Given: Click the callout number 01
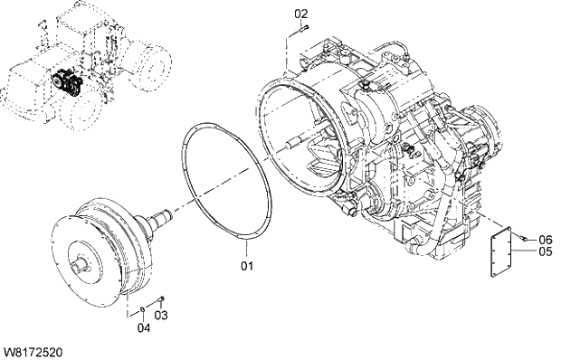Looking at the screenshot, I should [x=246, y=266].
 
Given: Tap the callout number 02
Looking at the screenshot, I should [x=301, y=14].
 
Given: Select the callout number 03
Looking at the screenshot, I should [x=161, y=315].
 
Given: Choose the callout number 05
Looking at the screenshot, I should [x=545, y=251].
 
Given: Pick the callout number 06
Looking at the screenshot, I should [x=545, y=240].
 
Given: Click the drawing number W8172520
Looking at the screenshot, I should [x=33, y=348].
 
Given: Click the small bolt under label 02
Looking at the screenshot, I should [x=303, y=28].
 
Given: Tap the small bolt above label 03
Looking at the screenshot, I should [x=160, y=298].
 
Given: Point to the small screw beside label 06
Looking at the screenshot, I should [x=524, y=237].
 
